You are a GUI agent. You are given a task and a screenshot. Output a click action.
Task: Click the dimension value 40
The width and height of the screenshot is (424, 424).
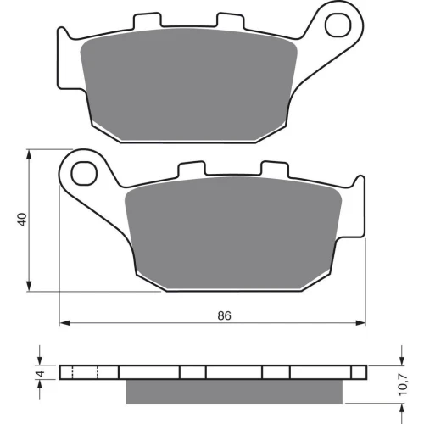(x=22, y=219)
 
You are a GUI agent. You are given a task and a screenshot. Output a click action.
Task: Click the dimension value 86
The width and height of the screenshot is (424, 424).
(x=224, y=315)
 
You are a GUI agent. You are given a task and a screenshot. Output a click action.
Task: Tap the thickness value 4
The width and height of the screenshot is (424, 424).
(x=41, y=373)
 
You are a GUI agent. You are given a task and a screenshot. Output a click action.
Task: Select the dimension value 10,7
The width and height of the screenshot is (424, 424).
(x=403, y=384)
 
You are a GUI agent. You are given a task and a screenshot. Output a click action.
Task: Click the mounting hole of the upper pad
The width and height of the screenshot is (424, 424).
(x=338, y=25)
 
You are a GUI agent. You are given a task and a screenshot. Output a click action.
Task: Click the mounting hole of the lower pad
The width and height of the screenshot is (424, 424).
(x=84, y=173)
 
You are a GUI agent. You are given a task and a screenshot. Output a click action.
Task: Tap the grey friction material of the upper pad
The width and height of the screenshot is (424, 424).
(x=189, y=85)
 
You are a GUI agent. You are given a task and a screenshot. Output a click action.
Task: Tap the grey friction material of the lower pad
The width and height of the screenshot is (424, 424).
(x=233, y=233)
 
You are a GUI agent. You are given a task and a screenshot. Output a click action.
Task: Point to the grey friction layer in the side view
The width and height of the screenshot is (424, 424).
(x=234, y=392)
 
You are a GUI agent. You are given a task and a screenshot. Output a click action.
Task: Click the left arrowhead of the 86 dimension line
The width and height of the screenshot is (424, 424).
(x=64, y=323)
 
